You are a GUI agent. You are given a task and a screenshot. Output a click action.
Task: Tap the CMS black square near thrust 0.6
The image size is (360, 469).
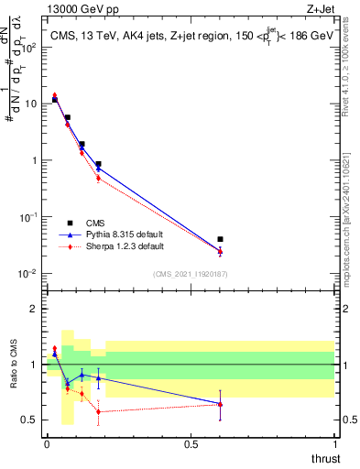(220, 239)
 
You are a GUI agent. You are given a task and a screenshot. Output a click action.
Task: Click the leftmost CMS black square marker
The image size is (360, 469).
(54, 99)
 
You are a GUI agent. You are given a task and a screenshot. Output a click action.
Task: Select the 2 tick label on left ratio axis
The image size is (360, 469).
(34, 309)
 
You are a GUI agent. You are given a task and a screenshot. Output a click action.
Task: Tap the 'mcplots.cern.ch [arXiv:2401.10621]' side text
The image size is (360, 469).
(351, 211)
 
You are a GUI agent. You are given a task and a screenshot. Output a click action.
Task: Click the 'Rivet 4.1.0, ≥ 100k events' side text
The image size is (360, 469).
(351, 73)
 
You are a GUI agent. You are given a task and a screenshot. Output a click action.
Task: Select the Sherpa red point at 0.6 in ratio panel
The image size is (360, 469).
(220, 404)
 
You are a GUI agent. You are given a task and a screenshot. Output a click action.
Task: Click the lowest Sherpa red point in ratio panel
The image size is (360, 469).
(98, 411)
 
